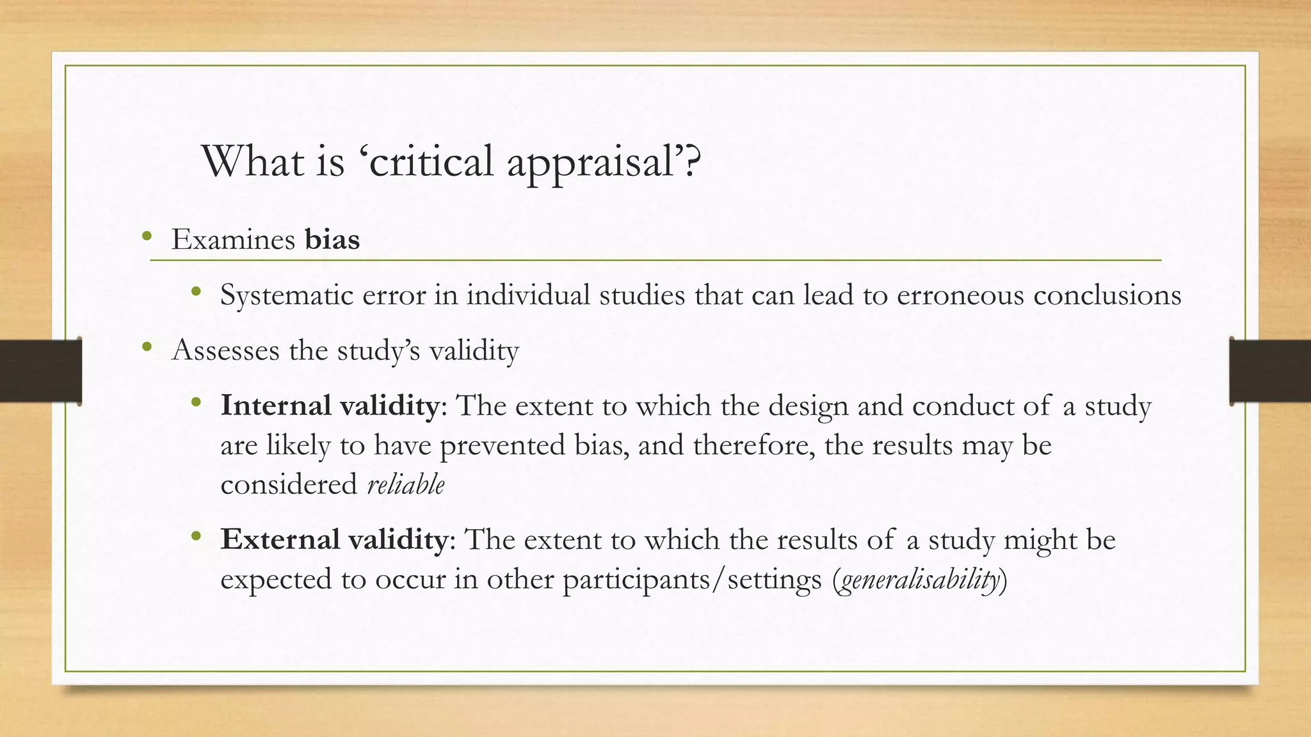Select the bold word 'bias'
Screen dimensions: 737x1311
click(x=332, y=239)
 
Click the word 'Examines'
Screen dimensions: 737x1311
click(x=233, y=239)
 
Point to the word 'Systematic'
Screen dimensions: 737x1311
click(x=287, y=295)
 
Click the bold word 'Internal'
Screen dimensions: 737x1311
click(x=276, y=406)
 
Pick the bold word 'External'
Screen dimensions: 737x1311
click(x=280, y=539)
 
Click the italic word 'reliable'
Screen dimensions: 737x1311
click(x=406, y=484)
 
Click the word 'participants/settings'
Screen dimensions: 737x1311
click(x=692, y=579)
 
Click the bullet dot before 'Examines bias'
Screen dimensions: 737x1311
click(x=147, y=237)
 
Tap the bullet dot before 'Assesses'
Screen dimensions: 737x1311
click(x=147, y=348)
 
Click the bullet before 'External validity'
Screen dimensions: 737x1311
click(x=197, y=537)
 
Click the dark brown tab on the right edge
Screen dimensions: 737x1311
click(x=1270, y=371)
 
